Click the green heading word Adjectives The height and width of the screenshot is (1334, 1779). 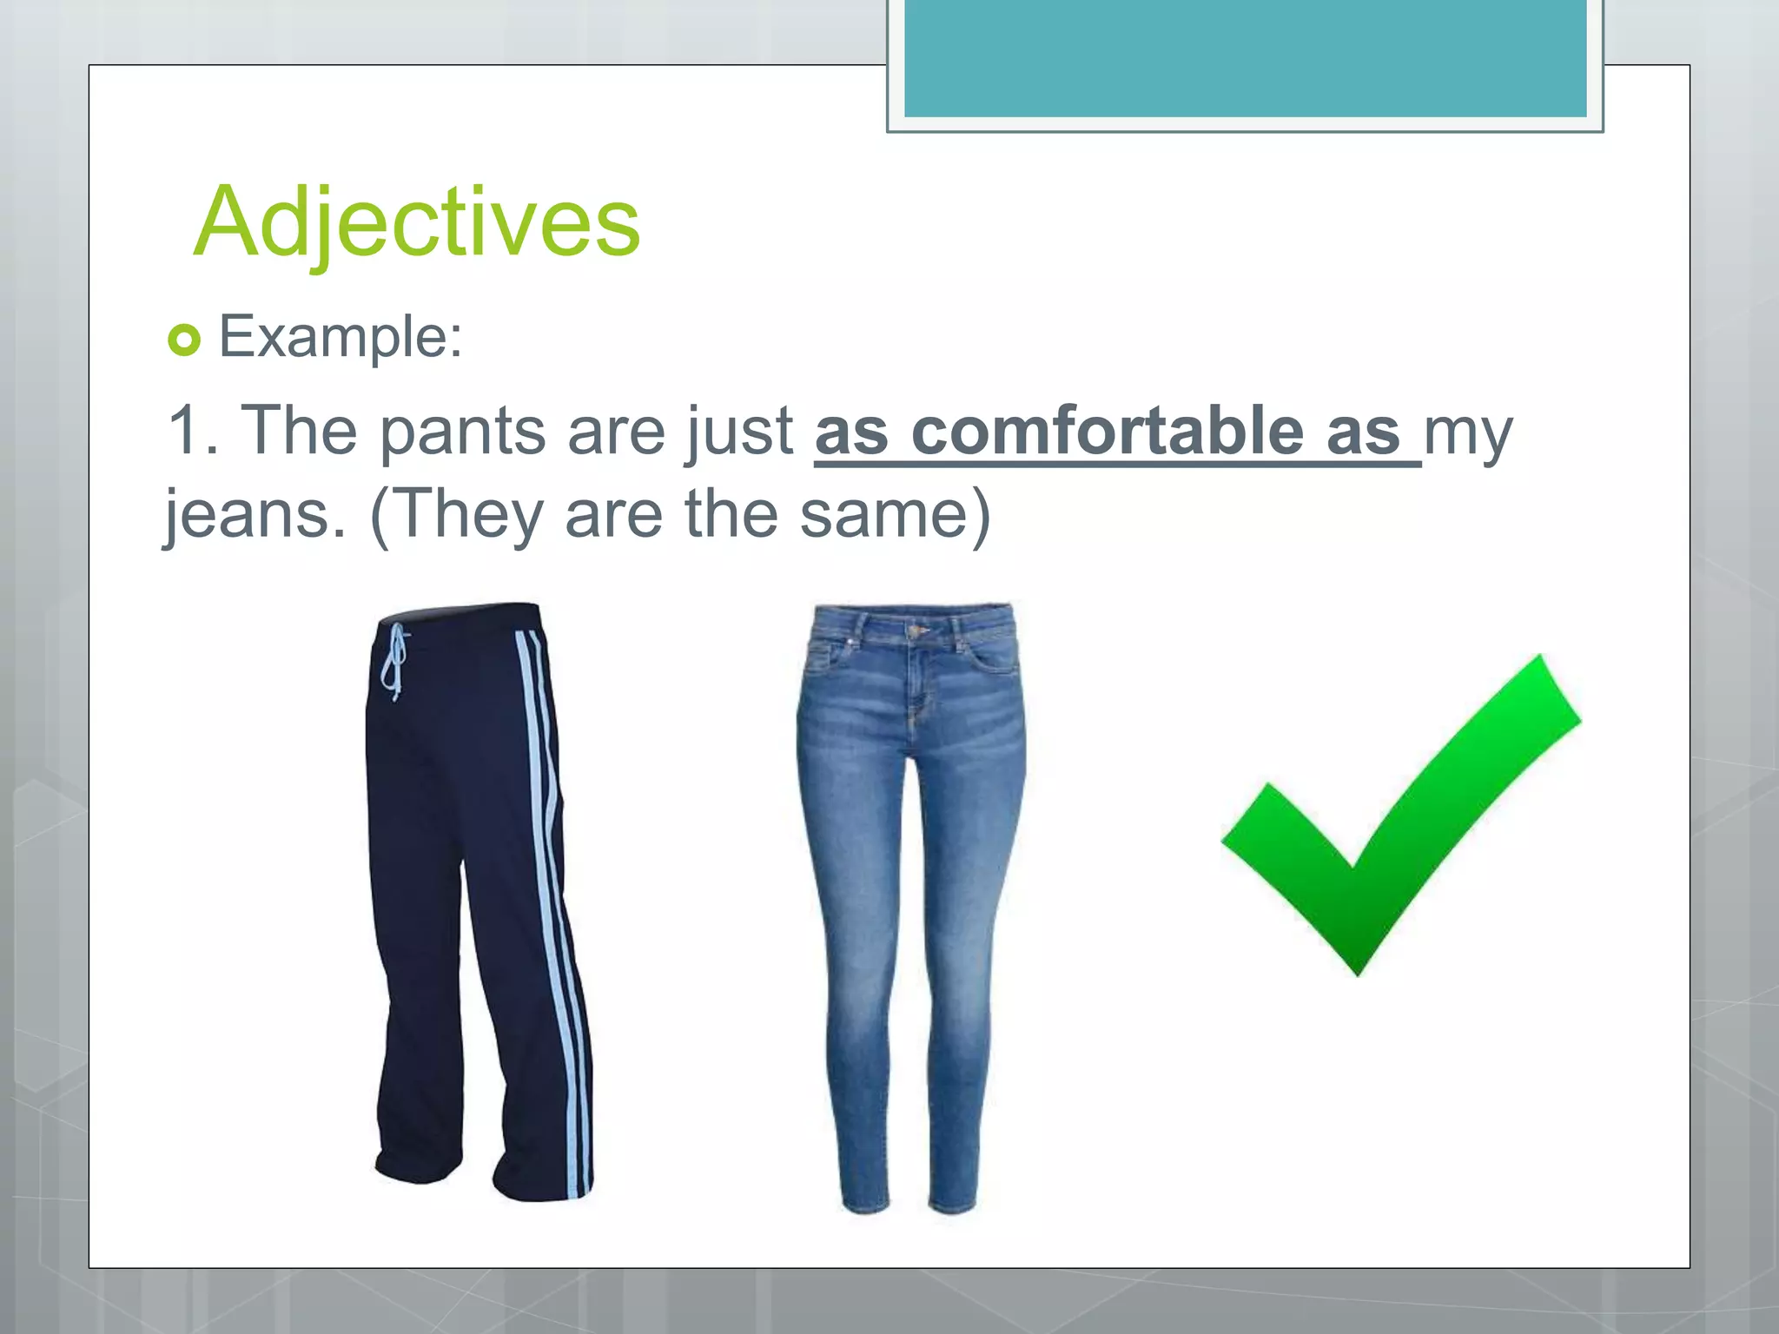(x=417, y=223)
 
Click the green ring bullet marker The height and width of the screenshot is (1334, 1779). (x=184, y=340)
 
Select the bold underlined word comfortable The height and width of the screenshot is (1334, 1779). (x=1107, y=432)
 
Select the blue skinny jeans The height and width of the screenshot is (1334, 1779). (x=908, y=903)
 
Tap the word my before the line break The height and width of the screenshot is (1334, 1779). (x=1467, y=432)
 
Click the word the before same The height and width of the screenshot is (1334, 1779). (x=731, y=514)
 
